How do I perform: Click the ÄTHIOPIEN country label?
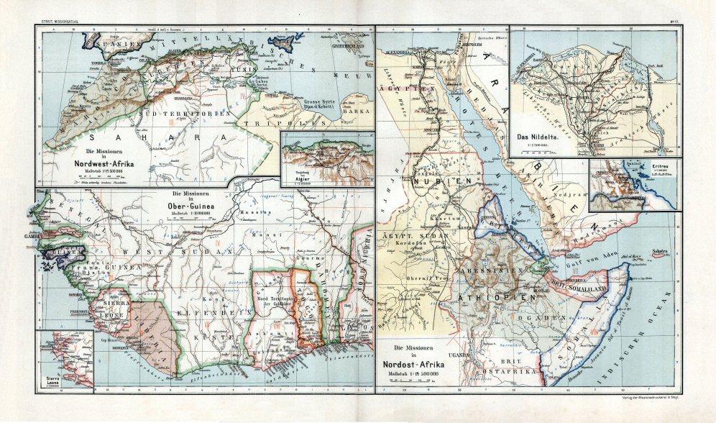pos(503,296)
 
